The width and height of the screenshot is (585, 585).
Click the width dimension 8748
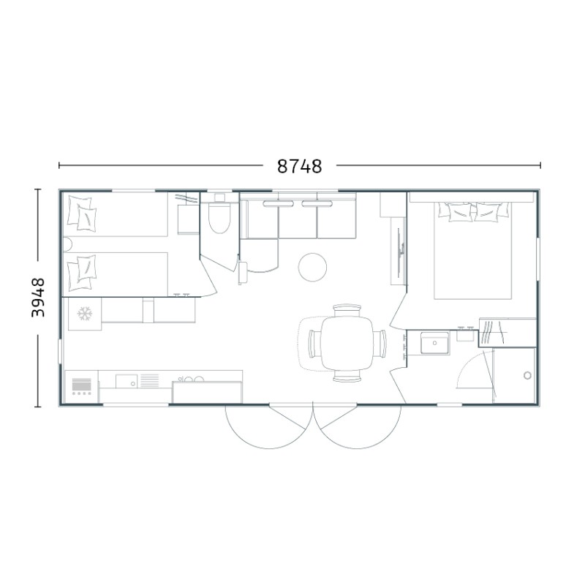(x=299, y=166)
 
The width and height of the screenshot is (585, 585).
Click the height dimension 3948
(x=38, y=298)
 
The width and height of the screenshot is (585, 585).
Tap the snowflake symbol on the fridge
(x=85, y=314)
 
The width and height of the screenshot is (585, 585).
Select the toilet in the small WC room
(x=220, y=217)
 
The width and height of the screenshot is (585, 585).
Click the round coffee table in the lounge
(x=313, y=267)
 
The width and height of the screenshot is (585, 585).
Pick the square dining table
(x=347, y=343)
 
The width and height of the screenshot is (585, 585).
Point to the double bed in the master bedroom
(x=473, y=250)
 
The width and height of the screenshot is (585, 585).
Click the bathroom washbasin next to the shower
(x=435, y=343)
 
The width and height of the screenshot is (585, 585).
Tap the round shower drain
(x=527, y=375)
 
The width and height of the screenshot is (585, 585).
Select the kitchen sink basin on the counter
(x=127, y=381)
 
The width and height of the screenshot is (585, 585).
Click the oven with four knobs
(x=81, y=387)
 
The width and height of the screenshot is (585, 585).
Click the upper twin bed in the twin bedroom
(x=116, y=214)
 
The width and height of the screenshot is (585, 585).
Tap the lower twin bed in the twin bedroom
(x=116, y=274)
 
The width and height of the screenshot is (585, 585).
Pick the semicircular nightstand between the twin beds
(x=67, y=244)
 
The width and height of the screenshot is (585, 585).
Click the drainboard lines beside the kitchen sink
(x=149, y=380)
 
